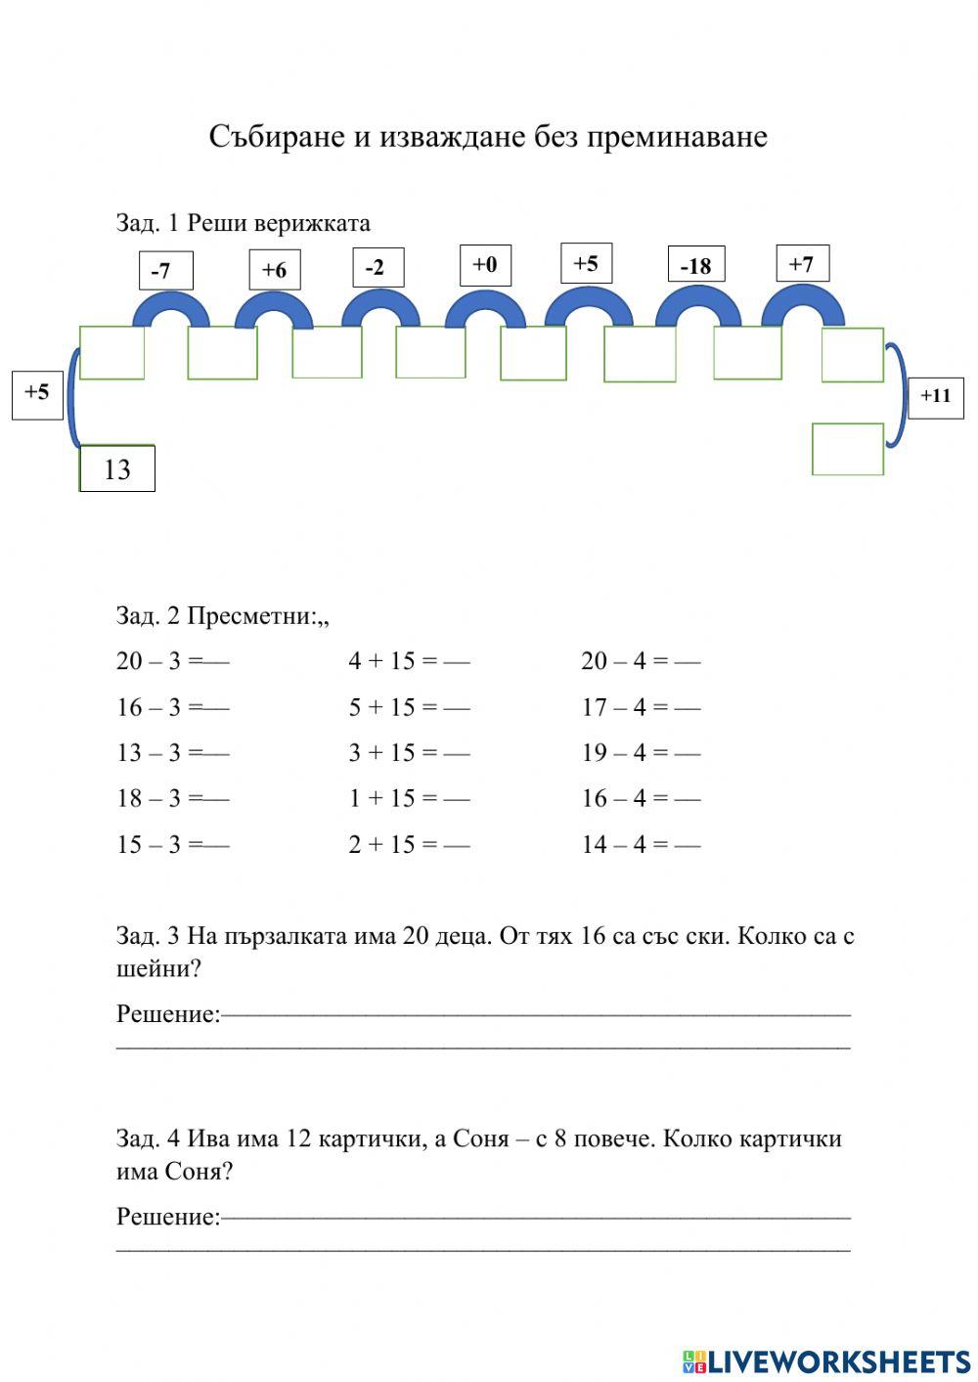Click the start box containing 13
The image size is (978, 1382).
[x=117, y=468]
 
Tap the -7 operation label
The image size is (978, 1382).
[x=165, y=271]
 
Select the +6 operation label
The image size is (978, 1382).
[x=274, y=270]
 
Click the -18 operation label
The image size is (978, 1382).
[x=695, y=265]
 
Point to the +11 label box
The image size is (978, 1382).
[x=936, y=396]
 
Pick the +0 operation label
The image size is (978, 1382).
[x=485, y=264]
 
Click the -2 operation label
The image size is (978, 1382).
[x=378, y=267]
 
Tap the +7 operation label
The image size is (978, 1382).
[x=802, y=263]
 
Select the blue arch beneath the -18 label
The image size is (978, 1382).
[x=697, y=305]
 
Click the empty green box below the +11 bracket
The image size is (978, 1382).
[x=848, y=449]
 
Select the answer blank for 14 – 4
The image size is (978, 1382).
[x=688, y=845]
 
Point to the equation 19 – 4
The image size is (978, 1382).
[x=624, y=753]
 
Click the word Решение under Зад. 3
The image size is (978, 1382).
[x=168, y=1013]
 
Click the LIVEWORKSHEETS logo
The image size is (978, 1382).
[x=826, y=1360]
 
